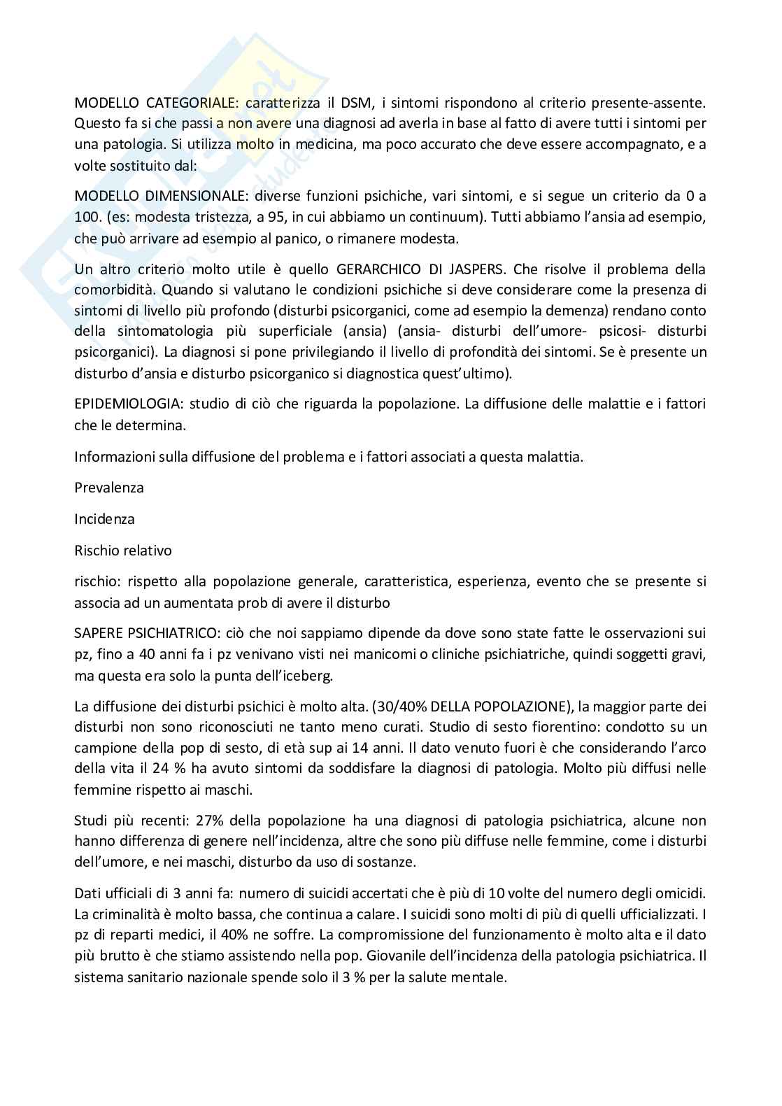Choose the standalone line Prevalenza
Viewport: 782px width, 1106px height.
109,488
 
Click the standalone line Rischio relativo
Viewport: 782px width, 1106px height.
123,551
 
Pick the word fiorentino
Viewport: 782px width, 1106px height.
516,727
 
